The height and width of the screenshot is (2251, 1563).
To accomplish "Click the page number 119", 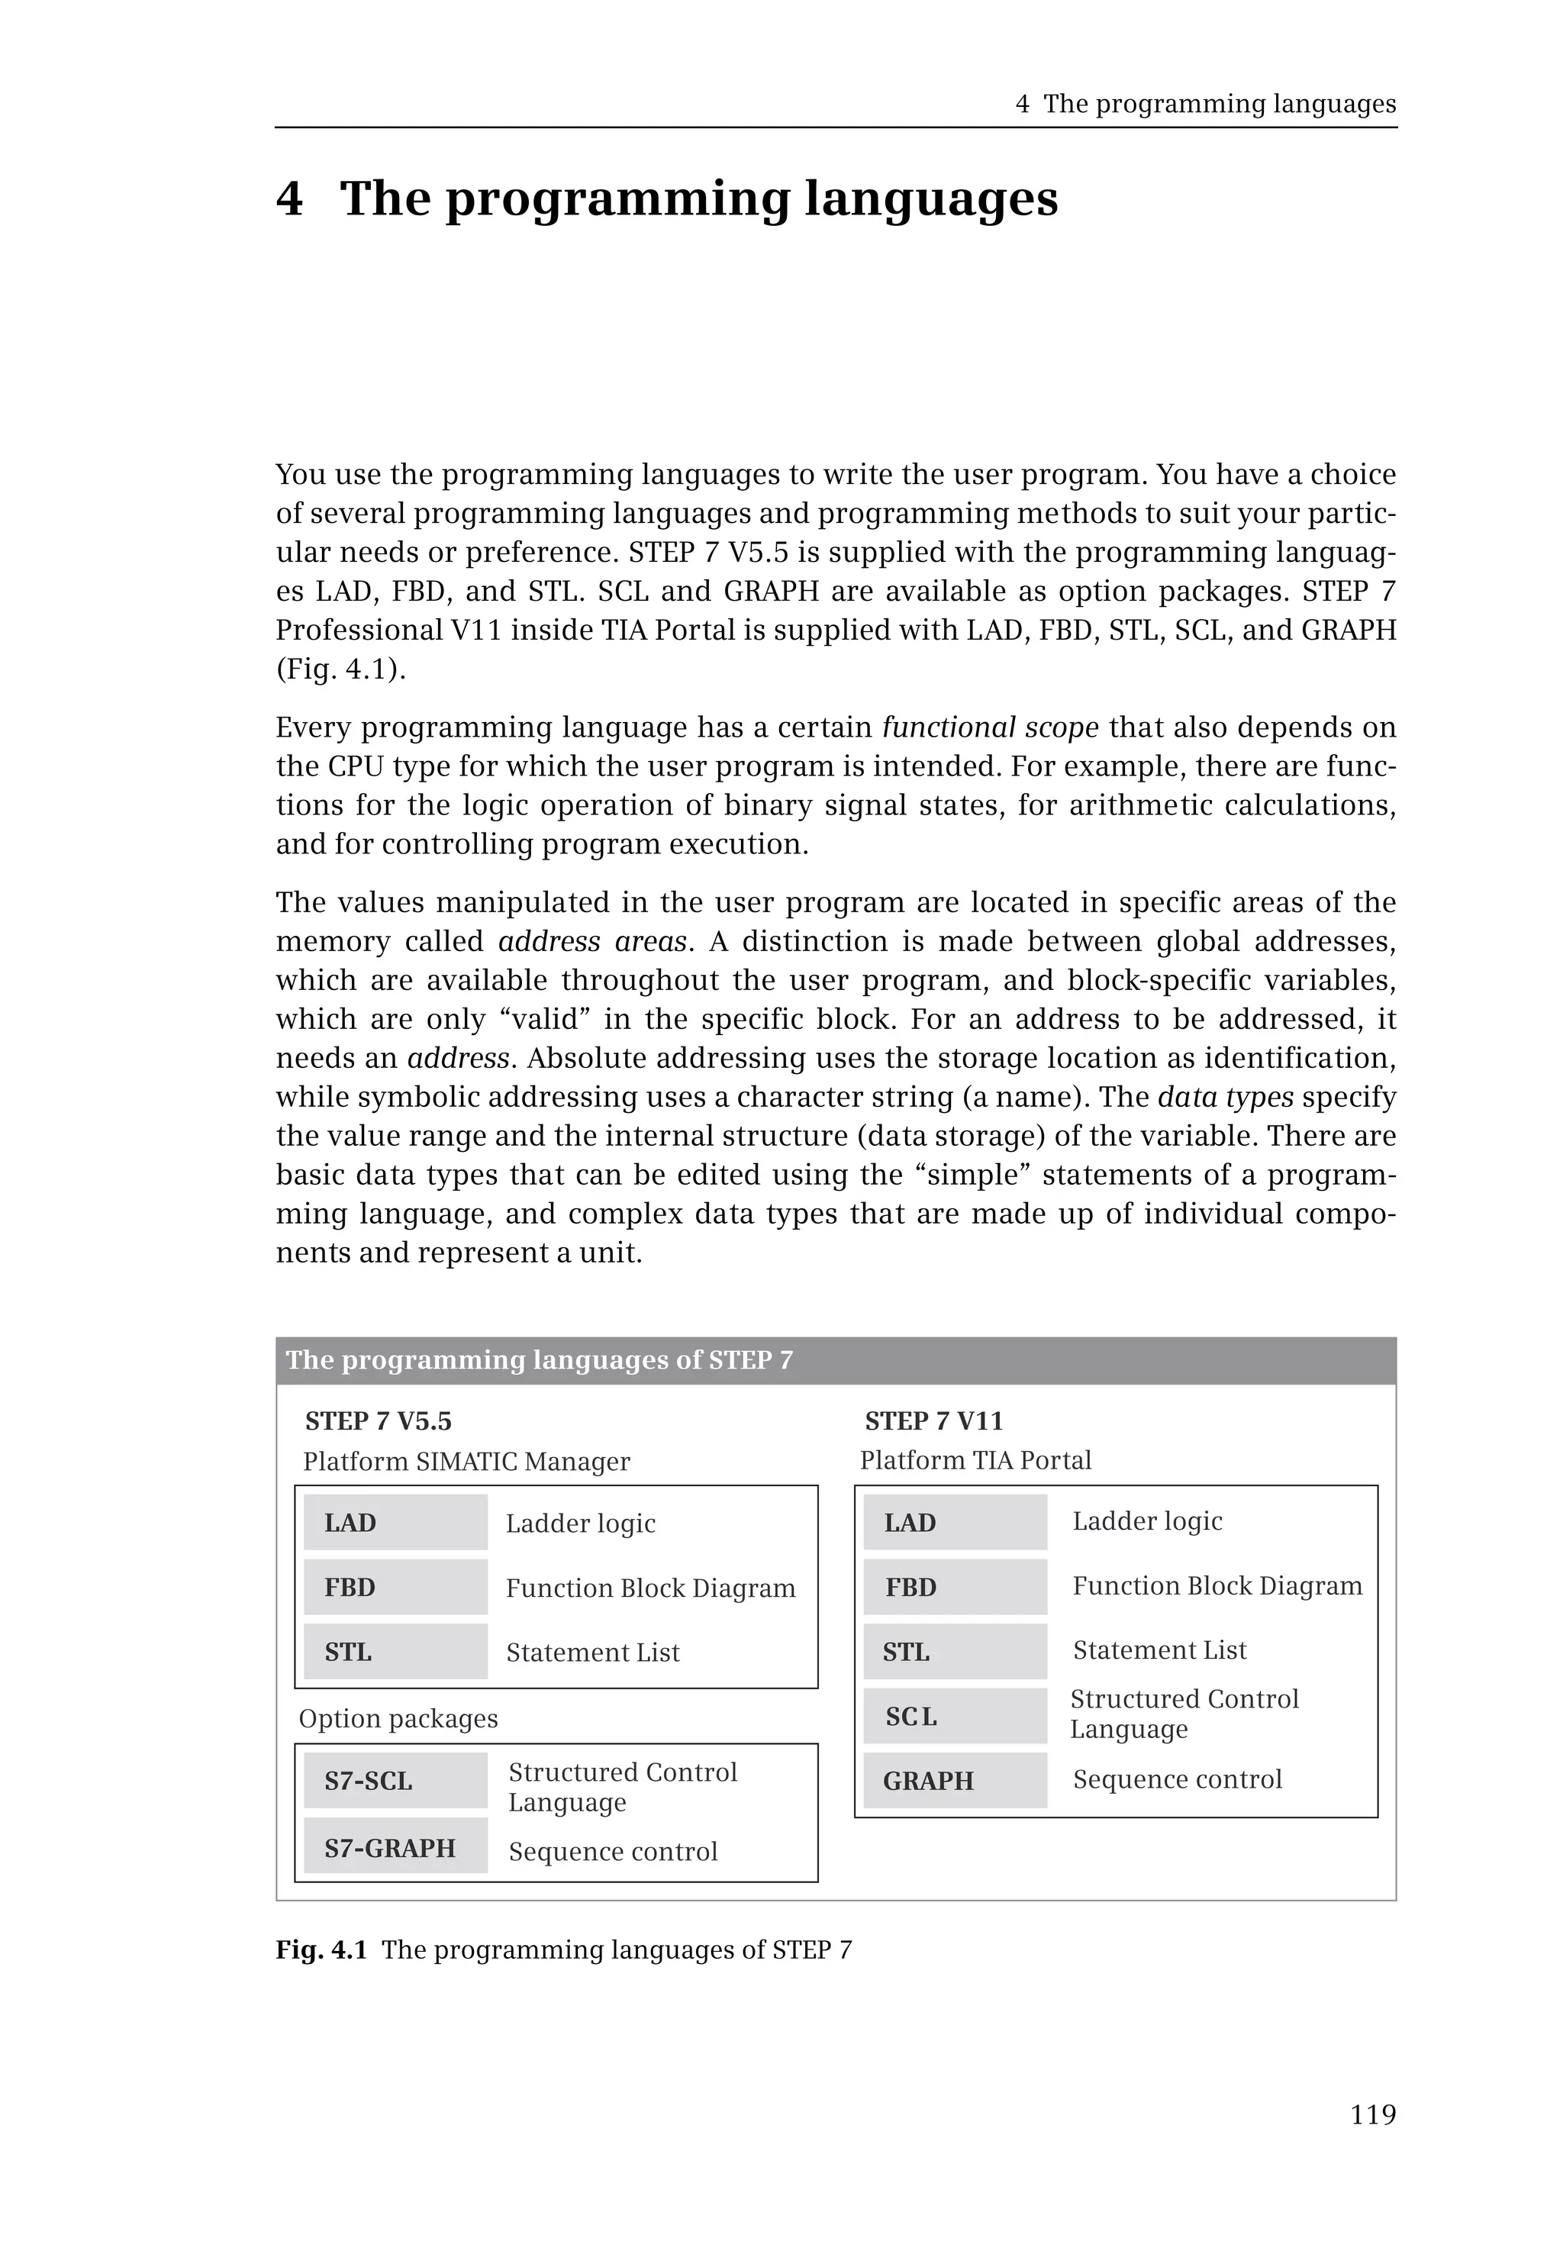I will [x=1372, y=2115].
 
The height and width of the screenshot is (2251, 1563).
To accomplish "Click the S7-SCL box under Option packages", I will [x=395, y=1781].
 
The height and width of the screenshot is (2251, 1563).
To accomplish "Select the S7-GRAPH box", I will [x=395, y=1847].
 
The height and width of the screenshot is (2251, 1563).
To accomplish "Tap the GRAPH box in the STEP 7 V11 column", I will [x=955, y=1781].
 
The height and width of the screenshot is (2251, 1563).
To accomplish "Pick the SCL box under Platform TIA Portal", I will [x=955, y=1716].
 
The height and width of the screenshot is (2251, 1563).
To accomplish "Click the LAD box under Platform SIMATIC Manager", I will [x=395, y=1522].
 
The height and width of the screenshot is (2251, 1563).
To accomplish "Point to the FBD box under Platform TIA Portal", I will [x=955, y=1587].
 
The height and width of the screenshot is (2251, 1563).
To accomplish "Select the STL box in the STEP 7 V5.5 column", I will [x=395, y=1652].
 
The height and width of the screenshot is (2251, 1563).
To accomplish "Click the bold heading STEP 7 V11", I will [x=933, y=1421].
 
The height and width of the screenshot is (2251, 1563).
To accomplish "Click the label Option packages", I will [x=398, y=1718].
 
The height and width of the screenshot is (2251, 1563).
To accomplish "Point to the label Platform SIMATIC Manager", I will [x=466, y=1462].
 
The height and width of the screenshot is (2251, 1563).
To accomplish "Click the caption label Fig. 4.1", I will [x=321, y=1949].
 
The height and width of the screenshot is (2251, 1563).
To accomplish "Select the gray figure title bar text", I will [x=539, y=1359].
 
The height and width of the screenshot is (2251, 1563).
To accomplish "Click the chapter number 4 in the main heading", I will [x=289, y=199].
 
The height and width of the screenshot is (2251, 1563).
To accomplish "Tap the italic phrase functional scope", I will [x=990, y=727].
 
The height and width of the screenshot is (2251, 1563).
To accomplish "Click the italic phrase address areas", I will [x=591, y=941].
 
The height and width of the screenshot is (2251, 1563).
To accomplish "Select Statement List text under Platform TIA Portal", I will [x=1159, y=1650].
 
